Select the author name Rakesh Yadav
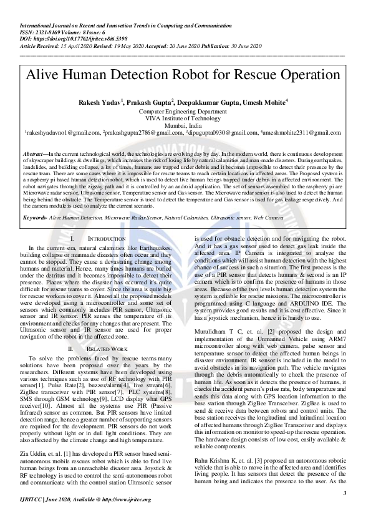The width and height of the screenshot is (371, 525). [x=100, y=102]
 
